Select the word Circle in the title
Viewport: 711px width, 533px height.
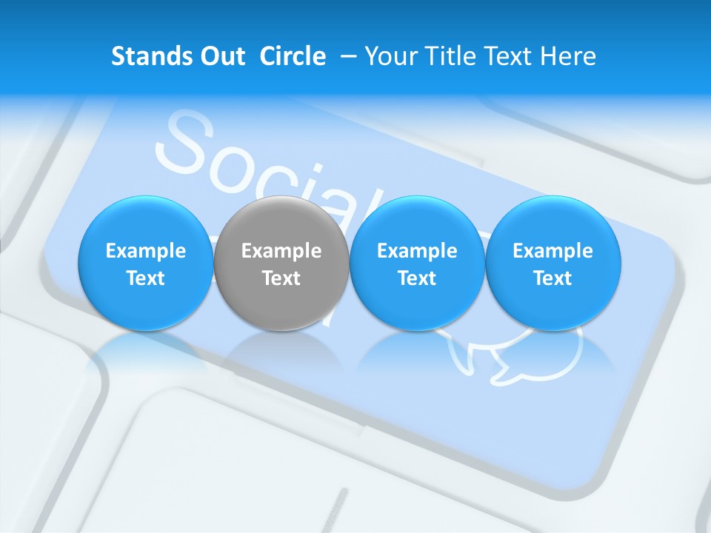(293, 56)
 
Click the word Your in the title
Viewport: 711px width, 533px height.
(390, 56)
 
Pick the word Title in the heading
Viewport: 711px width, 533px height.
(453, 56)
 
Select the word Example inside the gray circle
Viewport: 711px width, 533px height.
(281, 251)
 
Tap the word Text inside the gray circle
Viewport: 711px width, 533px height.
(281, 278)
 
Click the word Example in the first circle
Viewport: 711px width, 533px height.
(146, 251)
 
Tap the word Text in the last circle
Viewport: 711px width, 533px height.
(553, 278)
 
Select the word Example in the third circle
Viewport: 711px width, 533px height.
(417, 251)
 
